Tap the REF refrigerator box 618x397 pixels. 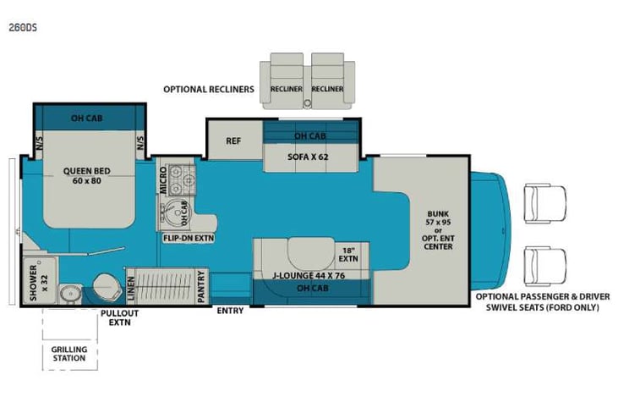tap(234, 141)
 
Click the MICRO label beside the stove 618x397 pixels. tap(164, 181)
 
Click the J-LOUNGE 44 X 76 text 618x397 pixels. tap(310, 275)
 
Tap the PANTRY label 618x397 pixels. tap(202, 285)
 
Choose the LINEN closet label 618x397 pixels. tap(130, 287)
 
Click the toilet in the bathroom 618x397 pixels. tap(105, 286)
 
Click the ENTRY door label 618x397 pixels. tap(230, 312)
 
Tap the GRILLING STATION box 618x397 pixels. tap(68, 353)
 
